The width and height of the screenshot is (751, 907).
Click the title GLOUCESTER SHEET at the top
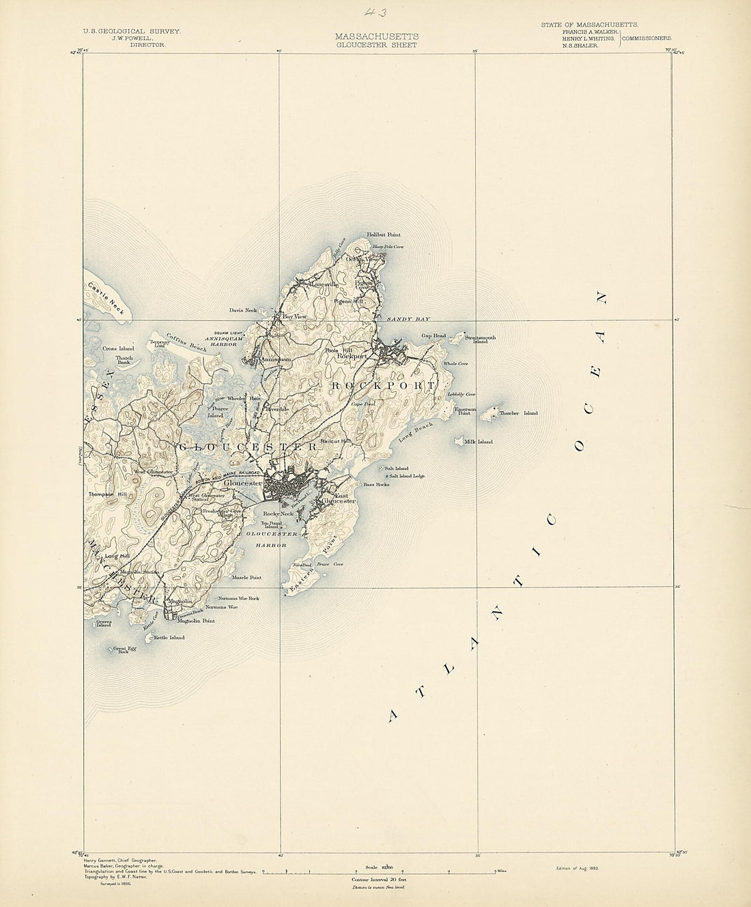coord(375,45)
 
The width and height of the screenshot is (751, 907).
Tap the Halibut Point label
coord(383,234)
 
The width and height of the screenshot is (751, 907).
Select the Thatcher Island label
coord(518,413)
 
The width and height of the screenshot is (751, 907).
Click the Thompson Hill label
coord(104,494)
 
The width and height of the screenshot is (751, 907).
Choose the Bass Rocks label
coord(375,484)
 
